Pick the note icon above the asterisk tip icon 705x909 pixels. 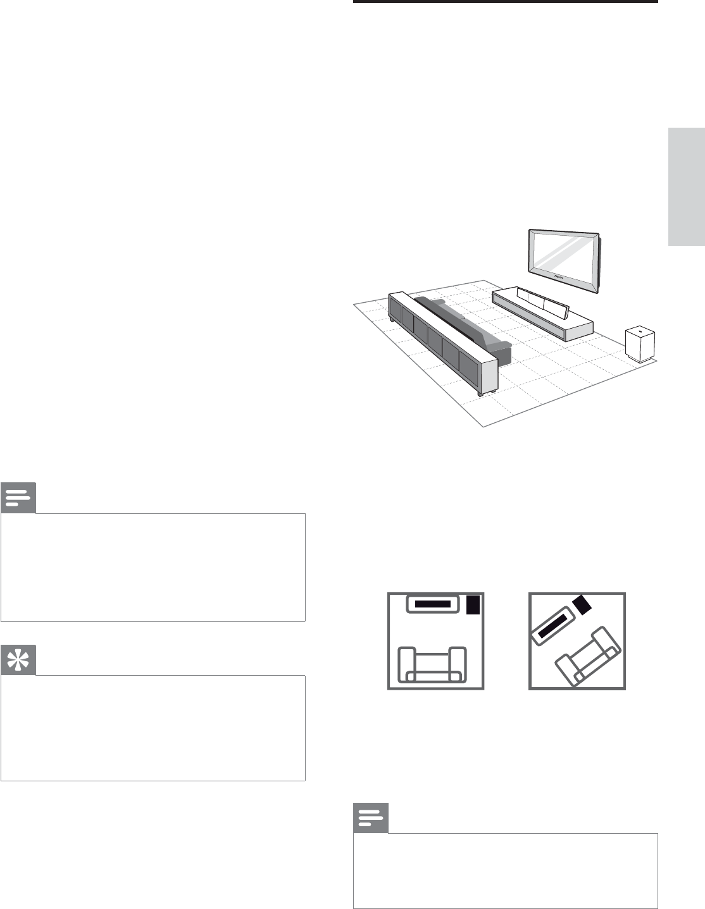pos(18,499)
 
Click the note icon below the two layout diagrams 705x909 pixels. pos(371,819)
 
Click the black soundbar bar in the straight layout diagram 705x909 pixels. pos(434,604)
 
